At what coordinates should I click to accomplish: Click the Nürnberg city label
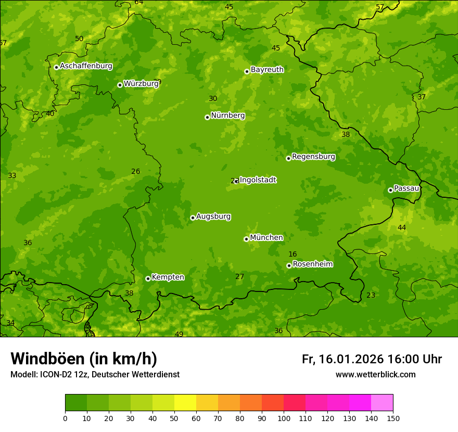227,116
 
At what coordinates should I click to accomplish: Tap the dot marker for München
246,239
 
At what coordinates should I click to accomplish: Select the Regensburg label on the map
313,157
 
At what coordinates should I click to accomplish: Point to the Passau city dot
390,190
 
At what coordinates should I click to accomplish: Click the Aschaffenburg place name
86,66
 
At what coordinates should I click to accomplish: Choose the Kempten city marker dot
148,278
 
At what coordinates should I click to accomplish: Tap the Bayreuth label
267,70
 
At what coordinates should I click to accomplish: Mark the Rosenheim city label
312,264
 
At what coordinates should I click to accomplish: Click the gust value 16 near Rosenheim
292,254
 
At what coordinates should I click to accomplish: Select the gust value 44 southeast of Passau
402,227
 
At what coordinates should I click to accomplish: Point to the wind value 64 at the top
139,3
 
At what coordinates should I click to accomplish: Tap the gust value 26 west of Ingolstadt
136,171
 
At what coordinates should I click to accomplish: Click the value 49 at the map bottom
179,334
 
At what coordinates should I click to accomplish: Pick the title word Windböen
47,359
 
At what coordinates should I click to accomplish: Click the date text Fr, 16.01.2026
342,359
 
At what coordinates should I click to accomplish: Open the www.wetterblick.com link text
375,374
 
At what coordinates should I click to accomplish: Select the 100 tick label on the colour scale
284,418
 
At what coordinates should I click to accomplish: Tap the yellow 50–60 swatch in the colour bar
185,403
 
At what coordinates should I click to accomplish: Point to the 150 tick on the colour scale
393,418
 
